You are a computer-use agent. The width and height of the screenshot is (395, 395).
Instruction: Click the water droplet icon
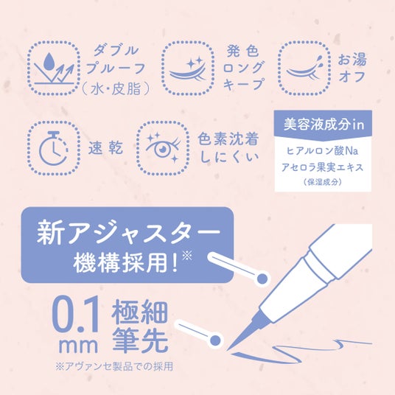coord(49,61)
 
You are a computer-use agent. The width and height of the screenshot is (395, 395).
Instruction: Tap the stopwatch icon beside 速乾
coord(53,148)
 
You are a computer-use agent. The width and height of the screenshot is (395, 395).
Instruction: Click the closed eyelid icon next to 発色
coord(188,69)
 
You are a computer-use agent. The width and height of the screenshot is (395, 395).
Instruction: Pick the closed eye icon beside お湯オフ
coord(304,68)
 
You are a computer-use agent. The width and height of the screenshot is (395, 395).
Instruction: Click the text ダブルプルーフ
coord(116,60)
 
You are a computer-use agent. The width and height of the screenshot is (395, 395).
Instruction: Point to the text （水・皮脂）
coord(116,88)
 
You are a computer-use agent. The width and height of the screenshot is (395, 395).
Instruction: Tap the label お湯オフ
coord(352,68)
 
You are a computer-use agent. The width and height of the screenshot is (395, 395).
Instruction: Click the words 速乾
coord(106,148)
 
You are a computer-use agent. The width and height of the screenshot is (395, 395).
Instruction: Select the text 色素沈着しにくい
coord(228,147)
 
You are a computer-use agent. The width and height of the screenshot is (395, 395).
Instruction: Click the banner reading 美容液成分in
coord(323,125)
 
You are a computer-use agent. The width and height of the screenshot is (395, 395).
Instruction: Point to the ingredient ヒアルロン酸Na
coord(323,151)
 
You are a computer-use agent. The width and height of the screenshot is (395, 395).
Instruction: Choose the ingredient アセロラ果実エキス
coord(323,167)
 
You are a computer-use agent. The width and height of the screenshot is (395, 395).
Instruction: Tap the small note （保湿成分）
coord(323,182)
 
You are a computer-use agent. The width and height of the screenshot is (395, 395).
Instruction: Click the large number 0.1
coord(75,315)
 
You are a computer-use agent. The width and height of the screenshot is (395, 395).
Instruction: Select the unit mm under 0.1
coord(78,346)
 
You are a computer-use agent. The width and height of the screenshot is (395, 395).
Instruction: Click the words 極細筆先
coord(140,326)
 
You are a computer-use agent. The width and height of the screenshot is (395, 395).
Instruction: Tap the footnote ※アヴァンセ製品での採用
coord(114,366)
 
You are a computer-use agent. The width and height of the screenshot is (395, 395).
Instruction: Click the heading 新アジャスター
coord(128,232)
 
